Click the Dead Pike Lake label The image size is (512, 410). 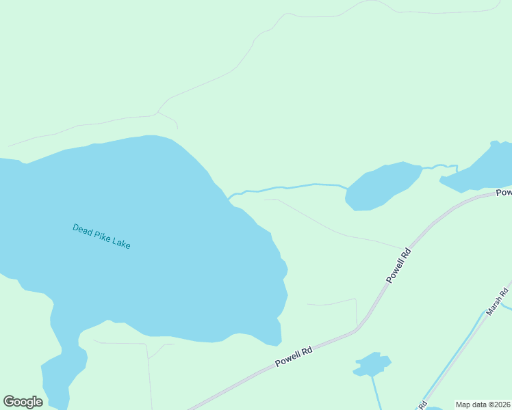pyautogui.click(x=101, y=236)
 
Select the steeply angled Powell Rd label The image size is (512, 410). pyautogui.click(x=398, y=264)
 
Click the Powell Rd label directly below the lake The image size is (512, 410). pyautogui.click(x=294, y=356)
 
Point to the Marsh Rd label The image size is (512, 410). pyautogui.click(x=498, y=302)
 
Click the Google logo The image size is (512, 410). pyautogui.click(x=23, y=402)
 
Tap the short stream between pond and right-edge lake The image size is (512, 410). pyautogui.click(x=438, y=166)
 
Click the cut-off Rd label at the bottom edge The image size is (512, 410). pyautogui.click(x=423, y=404)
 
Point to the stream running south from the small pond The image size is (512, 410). pyautogui.click(x=375, y=393)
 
